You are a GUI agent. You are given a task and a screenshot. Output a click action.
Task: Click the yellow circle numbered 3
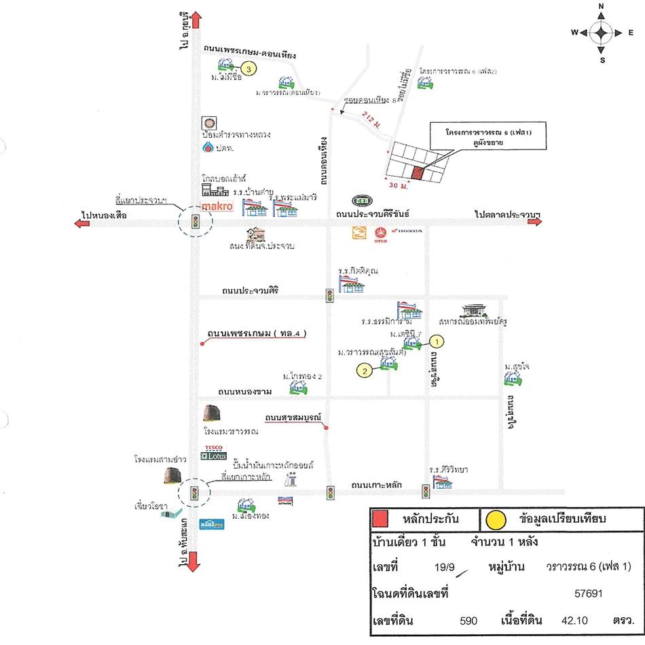click(x=249, y=69)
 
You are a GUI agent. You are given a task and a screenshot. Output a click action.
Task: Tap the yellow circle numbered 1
click(x=438, y=342)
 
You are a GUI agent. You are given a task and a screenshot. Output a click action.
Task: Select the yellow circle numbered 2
click(x=365, y=370)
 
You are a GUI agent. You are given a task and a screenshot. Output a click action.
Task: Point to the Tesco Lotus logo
click(x=214, y=453)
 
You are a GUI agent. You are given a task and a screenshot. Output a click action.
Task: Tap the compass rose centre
click(x=602, y=33)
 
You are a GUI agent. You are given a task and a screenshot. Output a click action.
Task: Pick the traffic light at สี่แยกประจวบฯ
click(x=195, y=222)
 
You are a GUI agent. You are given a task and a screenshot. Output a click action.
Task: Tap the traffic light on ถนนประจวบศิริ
click(x=329, y=296)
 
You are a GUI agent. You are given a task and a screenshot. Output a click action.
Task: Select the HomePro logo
click(x=208, y=524)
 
